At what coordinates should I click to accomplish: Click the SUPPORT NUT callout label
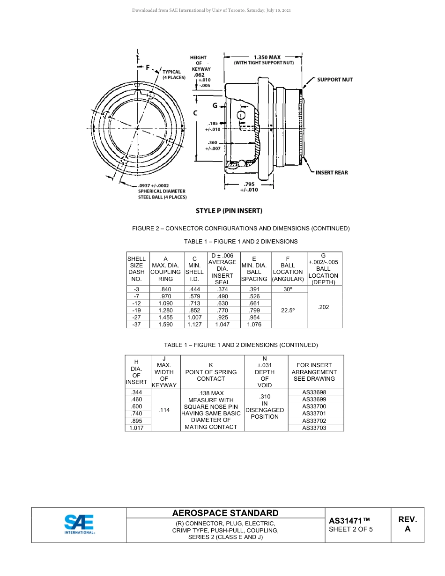pyautogui.click(x=334, y=80)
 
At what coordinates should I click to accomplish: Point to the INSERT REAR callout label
pyautogui.click(x=331, y=173)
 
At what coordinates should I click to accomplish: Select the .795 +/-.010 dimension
pyautogui.click(x=249, y=187)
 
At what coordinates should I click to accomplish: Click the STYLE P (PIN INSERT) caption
pyautogui.click(x=229, y=211)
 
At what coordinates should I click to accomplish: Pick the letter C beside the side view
pyautogui.click(x=195, y=113)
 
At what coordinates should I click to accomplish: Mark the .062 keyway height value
pyautogui.click(x=199, y=75)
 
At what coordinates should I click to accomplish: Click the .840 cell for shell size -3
pyautogui.click(x=165, y=289)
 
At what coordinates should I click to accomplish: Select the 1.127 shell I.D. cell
pyautogui.click(x=194, y=324)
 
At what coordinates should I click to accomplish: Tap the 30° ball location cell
pyautogui.click(x=288, y=289)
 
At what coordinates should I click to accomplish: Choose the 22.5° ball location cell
pyautogui.click(x=288, y=310)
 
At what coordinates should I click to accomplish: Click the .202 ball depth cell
pyautogui.click(x=323, y=307)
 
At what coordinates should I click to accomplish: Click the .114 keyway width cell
pyautogui.click(x=164, y=410)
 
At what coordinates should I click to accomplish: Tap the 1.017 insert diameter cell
pyautogui.click(x=137, y=428)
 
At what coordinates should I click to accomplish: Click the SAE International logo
pyautogui.click(x=79, y=524)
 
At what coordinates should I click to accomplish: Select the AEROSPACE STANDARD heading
pyautogui.click(x=225, y=513)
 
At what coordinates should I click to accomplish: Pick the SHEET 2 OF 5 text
pyautogui.click(x=351, y=530)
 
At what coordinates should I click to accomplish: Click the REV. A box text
pyautogui.click(x=407, y=524)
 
